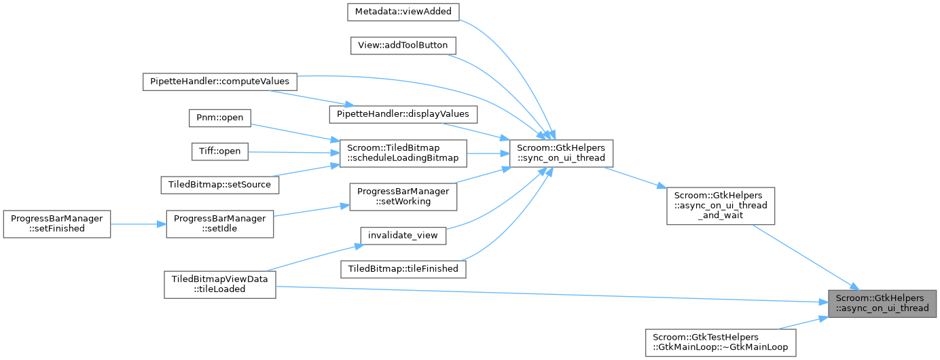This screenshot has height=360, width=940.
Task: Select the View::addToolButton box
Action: pyautogui.click(x=403, y=46)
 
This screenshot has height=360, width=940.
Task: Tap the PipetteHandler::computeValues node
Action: pyautogui.click(x=219, y=81)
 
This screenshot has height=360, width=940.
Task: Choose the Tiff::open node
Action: pyautogui.click(x=219, y=150)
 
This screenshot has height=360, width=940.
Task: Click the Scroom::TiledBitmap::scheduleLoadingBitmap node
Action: pyautogui.click(x=403, y=153)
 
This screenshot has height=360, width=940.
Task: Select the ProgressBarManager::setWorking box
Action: pyautogui.click(x=403, y=196)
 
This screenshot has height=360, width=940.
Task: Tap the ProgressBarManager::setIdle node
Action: pyautogui.click(x=220, y=223)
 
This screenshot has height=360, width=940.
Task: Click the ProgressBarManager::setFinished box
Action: pyautogui.click(x=56, y=223)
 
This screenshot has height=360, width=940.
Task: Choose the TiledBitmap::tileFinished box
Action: pyautogui.click(x=403, y=269)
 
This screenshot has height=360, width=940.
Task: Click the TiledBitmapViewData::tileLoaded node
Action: pyautogui.click(x=219, y=283)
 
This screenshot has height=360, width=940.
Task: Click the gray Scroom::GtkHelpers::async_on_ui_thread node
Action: pyautogui.click(x=882, y=302)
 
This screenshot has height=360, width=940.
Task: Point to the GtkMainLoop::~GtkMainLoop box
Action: pyautogui.click(x=721, y=342)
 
